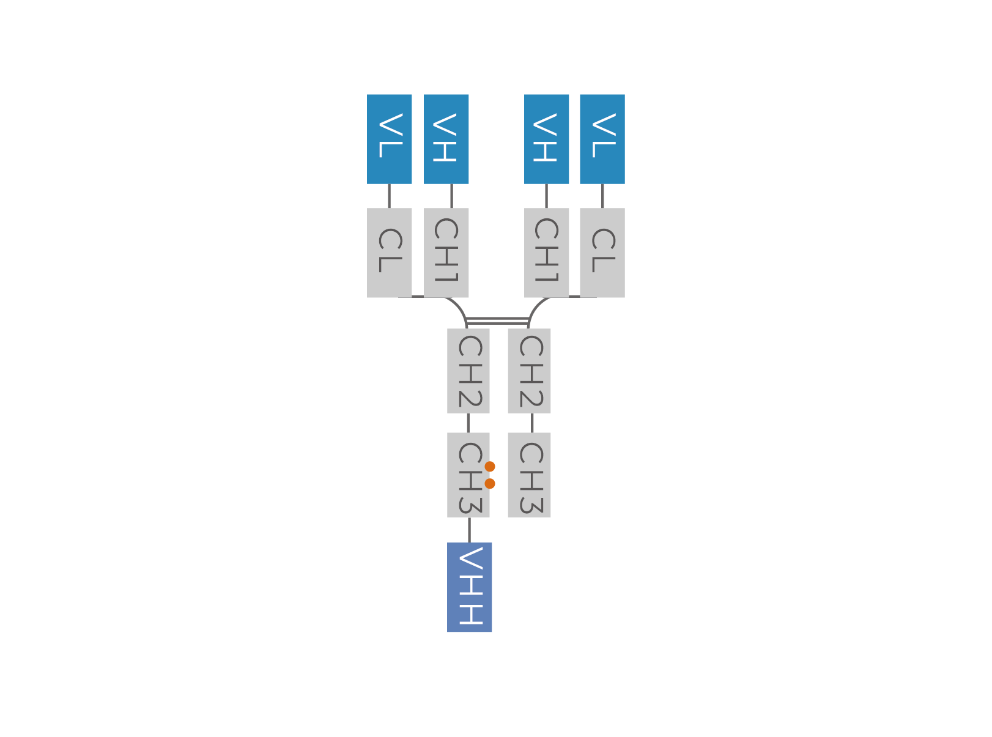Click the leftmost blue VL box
389,139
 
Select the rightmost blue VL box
602,139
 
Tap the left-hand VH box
446,139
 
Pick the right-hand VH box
547,139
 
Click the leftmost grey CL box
389,253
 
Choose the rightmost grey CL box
602,253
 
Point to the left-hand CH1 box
446,253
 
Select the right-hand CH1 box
547,253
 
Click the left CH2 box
468,371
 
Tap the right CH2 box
529,371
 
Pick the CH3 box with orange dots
468,475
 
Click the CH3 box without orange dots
529,475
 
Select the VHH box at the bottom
469,588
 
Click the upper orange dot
490,467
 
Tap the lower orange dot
490,484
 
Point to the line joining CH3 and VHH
469,530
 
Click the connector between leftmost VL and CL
389,196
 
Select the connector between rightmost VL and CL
602,196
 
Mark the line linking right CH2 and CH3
532,423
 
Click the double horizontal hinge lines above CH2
497,320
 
